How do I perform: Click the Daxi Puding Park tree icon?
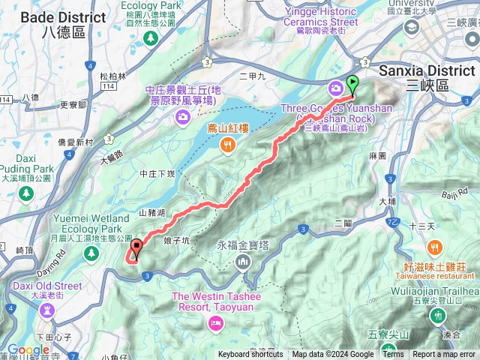(26, 193)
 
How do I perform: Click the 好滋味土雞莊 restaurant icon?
(434, 247)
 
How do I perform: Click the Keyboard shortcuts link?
(250, 355)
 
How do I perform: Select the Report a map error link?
(444, 355)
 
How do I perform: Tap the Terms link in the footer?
(393, 355)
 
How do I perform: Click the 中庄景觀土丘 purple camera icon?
(182, 117)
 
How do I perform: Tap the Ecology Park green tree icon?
(151, 36)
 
